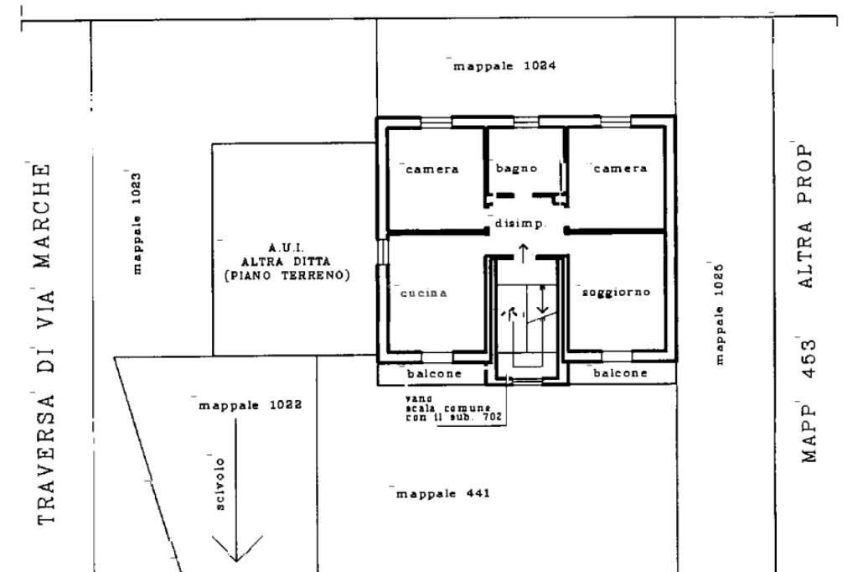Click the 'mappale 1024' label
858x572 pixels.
tap(504, 66)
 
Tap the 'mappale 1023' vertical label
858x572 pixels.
tap(137, 224)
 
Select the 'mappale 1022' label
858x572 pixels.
tap(250, 405)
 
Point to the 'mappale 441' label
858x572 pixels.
tap(442, 494)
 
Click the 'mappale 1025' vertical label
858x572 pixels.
tap(719, 314)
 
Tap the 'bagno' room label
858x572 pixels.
tap(516, 169)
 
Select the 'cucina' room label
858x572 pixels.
tap(423, 293)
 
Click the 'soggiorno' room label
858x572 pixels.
tap(616, 292)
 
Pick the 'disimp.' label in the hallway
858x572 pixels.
tap(520, 224)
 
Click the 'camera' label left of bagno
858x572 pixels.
tap(432, 169)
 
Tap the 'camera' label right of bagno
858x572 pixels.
tap(621, 169)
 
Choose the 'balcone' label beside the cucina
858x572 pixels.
tap(435, 374)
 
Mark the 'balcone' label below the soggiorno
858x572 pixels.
tap(621, 373)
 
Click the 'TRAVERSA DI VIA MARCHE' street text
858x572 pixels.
tap(45, 344)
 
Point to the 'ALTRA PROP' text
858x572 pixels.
tap(806, 216)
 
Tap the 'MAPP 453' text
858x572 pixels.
tap(809, 401)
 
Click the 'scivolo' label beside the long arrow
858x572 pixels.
tap(220, 484)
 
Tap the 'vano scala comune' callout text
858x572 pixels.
tap(448, 408)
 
